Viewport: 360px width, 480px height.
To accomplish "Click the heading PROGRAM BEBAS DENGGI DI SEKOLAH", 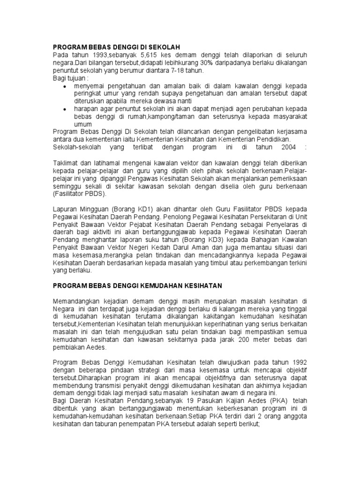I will pos(116,47).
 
